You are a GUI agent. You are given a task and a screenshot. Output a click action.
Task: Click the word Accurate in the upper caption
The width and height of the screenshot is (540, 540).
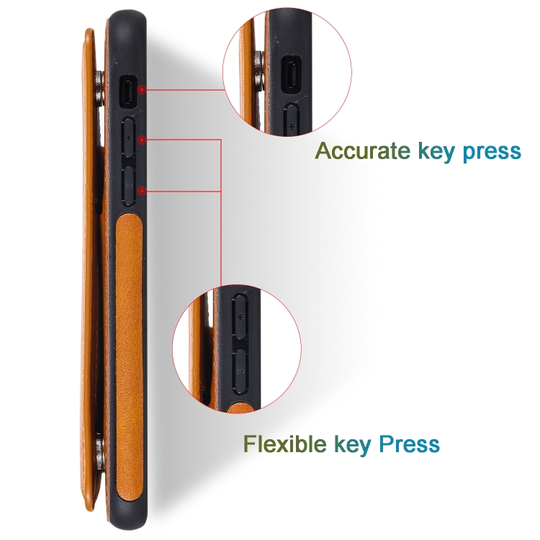tap(363, 150)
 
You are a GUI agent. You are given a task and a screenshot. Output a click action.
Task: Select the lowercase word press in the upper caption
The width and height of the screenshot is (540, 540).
tap(492, 153)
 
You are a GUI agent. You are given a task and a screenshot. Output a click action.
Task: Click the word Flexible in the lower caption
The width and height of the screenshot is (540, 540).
tap(285, 444)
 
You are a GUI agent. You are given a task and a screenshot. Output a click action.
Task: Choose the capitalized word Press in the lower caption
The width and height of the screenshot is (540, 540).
tap(409, 444)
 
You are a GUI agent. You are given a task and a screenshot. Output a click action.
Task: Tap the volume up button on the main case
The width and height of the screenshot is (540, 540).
tap(128, 137)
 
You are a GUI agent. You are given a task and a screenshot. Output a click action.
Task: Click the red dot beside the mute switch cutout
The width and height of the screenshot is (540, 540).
tap(142, 89)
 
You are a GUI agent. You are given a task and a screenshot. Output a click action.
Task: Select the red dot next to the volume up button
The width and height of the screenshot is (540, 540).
tap(142, 140)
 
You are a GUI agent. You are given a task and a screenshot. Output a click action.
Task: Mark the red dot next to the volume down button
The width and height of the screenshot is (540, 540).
tap(142, 190)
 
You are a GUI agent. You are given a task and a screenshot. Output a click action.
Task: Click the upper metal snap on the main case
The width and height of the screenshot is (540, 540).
tap(99, 88)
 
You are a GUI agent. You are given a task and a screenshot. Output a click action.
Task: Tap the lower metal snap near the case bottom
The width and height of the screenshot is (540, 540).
tap(100, 454)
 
